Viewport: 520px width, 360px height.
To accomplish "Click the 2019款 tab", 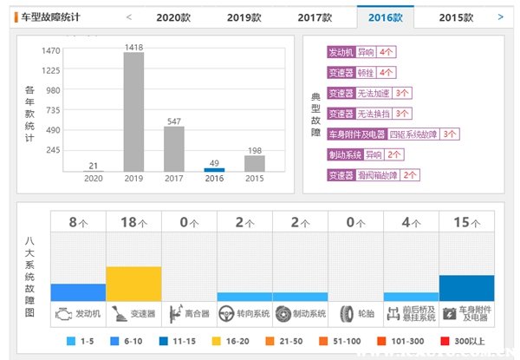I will (244, 16).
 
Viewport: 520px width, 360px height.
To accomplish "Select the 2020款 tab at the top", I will (173, 16).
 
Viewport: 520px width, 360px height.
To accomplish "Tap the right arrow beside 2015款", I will (501, 16).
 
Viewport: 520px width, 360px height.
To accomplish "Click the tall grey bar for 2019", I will (133, 112).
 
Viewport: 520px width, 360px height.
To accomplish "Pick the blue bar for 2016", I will (214, 169).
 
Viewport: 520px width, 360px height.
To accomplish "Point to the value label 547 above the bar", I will (174, 121).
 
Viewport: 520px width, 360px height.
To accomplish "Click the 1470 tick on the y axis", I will (50, 51).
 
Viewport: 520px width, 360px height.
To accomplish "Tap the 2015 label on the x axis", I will (255, 179).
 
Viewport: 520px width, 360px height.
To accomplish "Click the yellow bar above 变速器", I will (133, 283).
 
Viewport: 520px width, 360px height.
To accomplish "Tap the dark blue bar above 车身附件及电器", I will (466, 287).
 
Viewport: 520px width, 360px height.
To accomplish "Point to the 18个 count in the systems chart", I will (133, 222).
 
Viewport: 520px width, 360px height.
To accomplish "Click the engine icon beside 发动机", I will (62, 312).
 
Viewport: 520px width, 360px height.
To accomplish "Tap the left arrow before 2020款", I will (129, 16).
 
